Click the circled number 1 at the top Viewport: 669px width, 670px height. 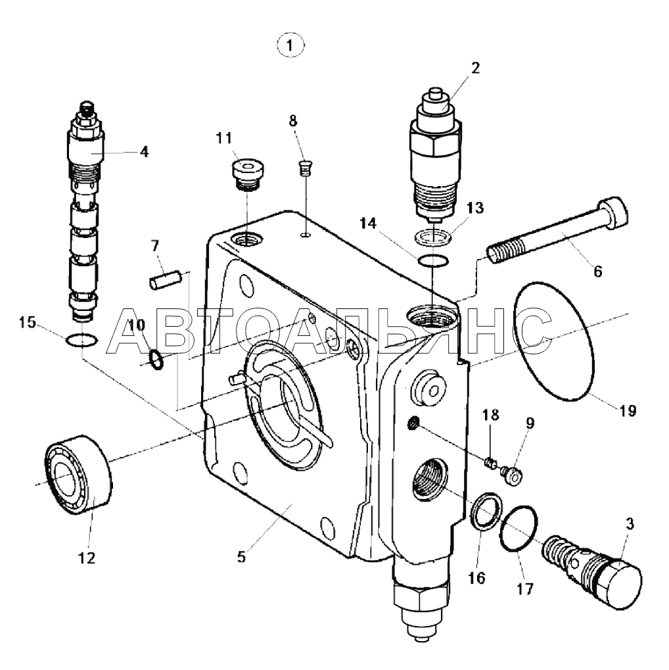pyautogui.click(x=290, y=45)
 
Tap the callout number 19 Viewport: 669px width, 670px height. pyautogui.click(x=627, y=411)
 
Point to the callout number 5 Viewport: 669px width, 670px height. pyautogui.click(x=241, y=557)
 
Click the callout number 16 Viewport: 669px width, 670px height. pyautogui.click(x=476, y=578)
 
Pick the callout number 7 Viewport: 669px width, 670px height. pyautogui.click(x=154, y=246)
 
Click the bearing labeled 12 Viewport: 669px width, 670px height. pyautogui.click(x=78, y=473)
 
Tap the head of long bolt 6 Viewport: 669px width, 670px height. pyautogui.click(x=614, y=210)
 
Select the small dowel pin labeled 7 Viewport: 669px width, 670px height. pyautogui.click(x=166, y=280)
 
